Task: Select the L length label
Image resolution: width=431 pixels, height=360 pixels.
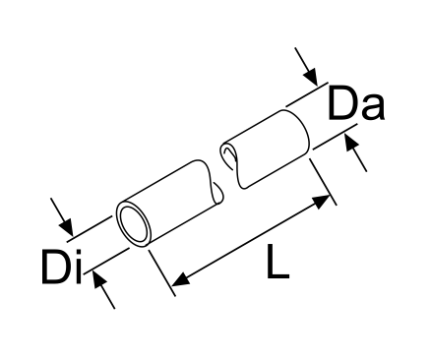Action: [277, 263]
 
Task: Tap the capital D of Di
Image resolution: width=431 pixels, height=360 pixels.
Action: [58, 267]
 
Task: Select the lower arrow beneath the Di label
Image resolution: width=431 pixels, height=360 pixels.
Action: [102, 287]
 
